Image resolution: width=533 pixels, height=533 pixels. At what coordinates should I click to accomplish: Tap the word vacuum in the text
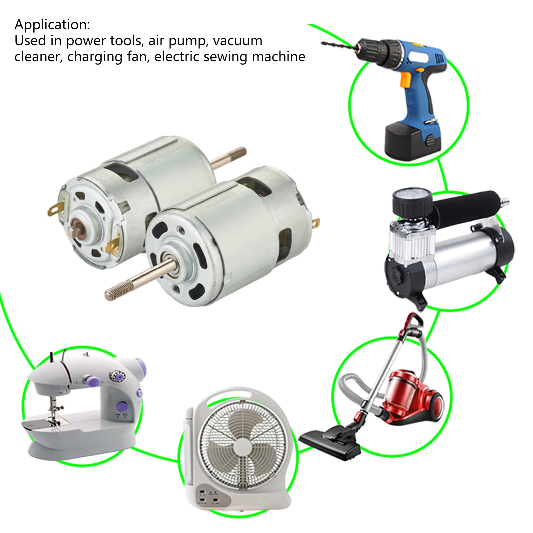click(238, 41)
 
